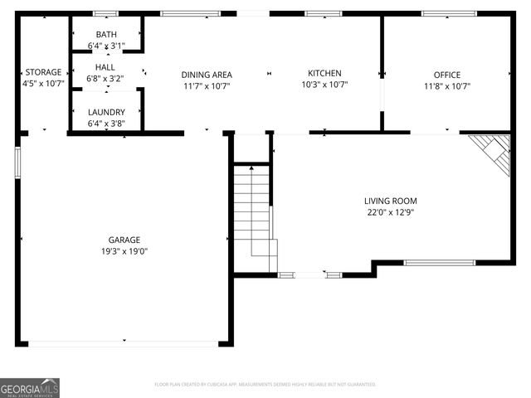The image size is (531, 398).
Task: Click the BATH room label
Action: (106, 34)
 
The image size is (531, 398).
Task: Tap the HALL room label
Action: (105, 67)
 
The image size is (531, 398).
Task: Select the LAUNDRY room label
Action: (106, 112)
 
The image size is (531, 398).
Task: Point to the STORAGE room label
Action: (43, 72)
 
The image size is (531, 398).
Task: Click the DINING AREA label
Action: (207, 75)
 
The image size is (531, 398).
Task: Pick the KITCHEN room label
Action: (324, 73)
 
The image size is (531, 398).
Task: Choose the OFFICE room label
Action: (447, 75)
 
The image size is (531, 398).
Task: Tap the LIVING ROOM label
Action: (390, 201)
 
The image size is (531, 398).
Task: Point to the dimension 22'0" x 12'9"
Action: (390, 212)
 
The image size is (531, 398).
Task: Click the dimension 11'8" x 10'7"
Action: (447, 85)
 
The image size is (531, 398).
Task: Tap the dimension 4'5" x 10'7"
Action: (43, 83)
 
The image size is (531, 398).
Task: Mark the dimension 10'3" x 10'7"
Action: (324, 84)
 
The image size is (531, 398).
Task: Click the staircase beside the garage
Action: (252, 216)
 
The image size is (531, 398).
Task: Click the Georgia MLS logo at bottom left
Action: (30, 387)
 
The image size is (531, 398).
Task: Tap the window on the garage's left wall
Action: (17, 161)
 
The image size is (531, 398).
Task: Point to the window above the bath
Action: (105, 14)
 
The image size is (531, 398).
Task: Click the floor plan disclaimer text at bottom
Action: (265, 385)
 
